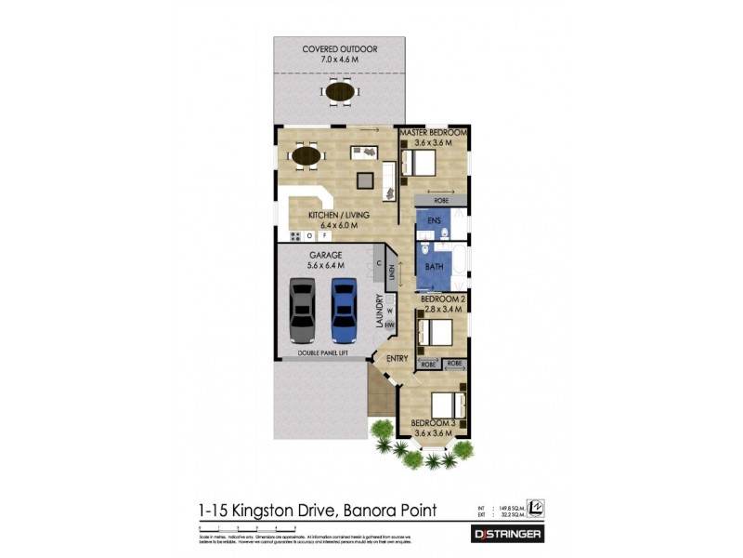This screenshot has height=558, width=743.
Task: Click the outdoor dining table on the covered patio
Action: (x=339, y=91)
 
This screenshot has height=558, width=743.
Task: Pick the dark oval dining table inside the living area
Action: (x=307, y=155)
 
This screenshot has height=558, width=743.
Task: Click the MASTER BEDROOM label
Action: (x=433, y=134)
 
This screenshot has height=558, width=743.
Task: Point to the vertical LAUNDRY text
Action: (x=380, y=311)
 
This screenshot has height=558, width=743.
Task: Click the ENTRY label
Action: (x=397, y=359)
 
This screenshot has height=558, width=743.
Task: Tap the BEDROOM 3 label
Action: (x=435, y=425)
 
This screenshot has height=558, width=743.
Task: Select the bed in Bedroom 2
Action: (x=435, y=331)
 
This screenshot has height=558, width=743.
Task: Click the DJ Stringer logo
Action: (x=508, y=535)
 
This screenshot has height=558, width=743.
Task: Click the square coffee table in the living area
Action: (x=365, y=179)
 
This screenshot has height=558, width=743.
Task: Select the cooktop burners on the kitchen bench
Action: (x=296, y=236)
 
